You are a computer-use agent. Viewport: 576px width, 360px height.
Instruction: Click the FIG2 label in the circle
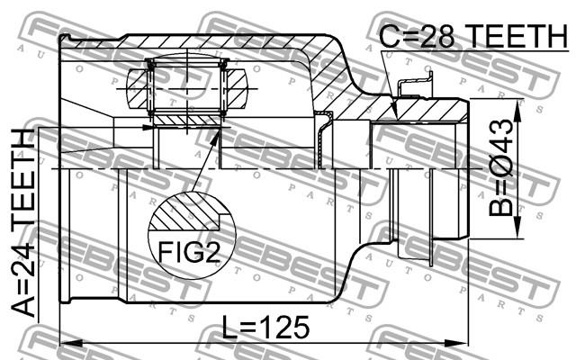189,252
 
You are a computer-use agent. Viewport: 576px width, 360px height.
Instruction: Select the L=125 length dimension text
266,327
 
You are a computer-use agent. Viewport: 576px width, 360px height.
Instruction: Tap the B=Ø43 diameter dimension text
500,167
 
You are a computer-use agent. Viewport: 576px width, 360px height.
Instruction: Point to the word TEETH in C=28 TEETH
518,36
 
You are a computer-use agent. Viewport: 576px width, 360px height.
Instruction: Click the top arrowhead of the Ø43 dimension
517,111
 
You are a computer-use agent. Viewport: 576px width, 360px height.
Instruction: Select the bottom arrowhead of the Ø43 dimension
517,228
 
